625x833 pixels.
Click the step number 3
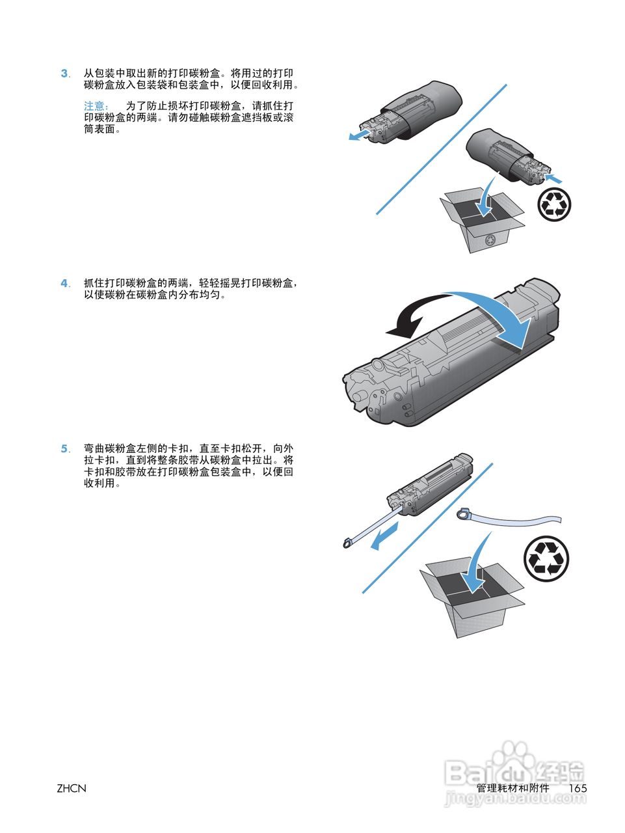pyautogui.click(x=64, y=74)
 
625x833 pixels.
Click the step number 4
pyautogui.click(x=64, y=283)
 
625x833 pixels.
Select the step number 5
pyautogui.click(x=64, y=448)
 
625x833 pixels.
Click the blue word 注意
pyautogui.click(x=95, y=106)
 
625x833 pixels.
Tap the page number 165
pyautogui.click(x=578, y=788)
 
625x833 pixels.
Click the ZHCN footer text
pyautogui.click(x=71, y=788)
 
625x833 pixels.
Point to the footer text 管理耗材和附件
pyautogui.click(x=512, y=788)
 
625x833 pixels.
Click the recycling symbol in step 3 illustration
pyautogui.click(x=555, y=205)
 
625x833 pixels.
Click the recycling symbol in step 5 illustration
pyautogui.click(x=546, y=559)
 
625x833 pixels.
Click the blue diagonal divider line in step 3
pyautogui.click(x=441, y=149)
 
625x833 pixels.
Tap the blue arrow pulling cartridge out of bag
pyautogui.click(x=359, y=135)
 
